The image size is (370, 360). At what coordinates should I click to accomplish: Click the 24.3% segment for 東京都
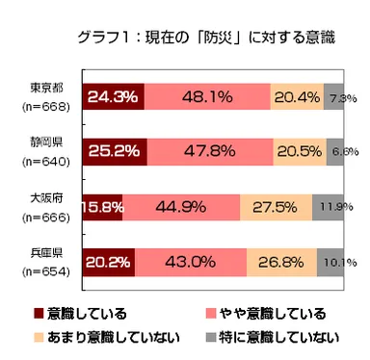tap(113, 97)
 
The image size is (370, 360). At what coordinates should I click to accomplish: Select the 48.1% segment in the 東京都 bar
tap(207, 97)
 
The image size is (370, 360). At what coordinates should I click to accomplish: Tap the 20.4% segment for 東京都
tap(298, 97)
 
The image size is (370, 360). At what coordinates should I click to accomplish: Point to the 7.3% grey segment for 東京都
tap(334, 97)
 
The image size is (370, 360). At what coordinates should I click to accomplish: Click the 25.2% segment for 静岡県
tap(115, 152)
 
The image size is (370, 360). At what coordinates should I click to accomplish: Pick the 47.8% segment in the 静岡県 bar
tap(210, 152)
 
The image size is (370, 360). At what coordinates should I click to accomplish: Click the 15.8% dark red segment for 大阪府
tap(102, 206)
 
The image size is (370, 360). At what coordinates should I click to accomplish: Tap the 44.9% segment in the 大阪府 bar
tap(180, 206)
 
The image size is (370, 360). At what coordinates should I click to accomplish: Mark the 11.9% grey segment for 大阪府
tap(329, 206)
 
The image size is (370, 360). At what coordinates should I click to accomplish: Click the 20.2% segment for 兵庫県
tap(108, 261)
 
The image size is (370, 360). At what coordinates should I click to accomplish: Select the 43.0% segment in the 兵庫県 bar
tap(190, 261)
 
